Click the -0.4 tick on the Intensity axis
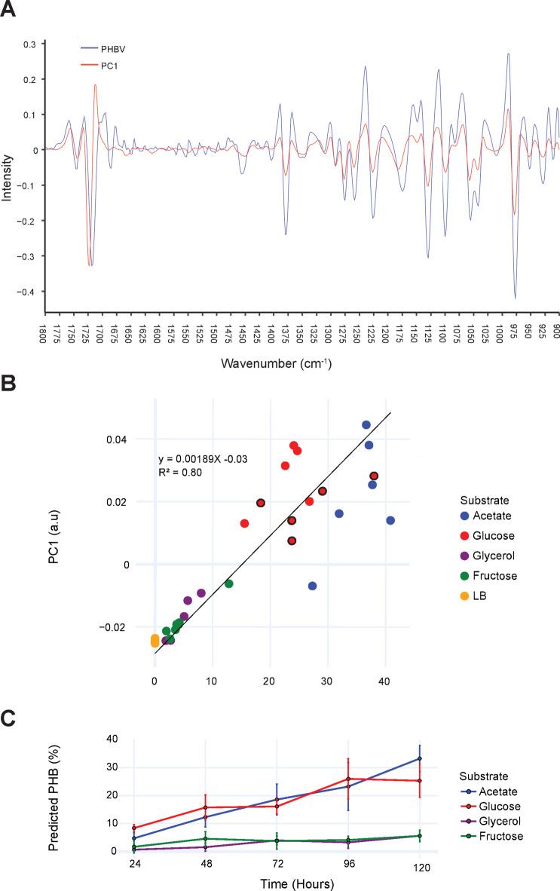[28, 292]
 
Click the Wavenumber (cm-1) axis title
[277, 363]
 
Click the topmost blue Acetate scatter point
[366, 425]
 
